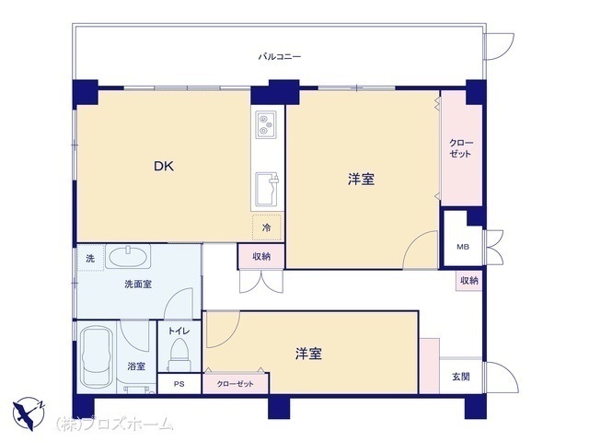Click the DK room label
click(164, 166)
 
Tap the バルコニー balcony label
click(280, 57)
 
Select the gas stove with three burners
click(266, 124)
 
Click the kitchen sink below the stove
click(267, 190)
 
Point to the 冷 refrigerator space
click(267, 227)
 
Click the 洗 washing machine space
click(90, 258)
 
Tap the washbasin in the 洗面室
click(128, 256)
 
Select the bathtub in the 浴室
click(98, 356)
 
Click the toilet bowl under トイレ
click(179, 355)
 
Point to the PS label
click(179, 385)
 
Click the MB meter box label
click(463, 247)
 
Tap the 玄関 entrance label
click(461, 377)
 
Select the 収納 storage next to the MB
click(469, 280)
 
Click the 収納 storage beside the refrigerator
click(261, 257)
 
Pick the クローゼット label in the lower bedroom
click(236, 384)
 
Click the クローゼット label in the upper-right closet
click(461, 148)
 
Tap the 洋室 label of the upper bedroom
click(361, 180)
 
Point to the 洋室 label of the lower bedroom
click(308, 354)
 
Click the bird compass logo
click(29, 413)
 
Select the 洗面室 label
click(138, 285)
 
